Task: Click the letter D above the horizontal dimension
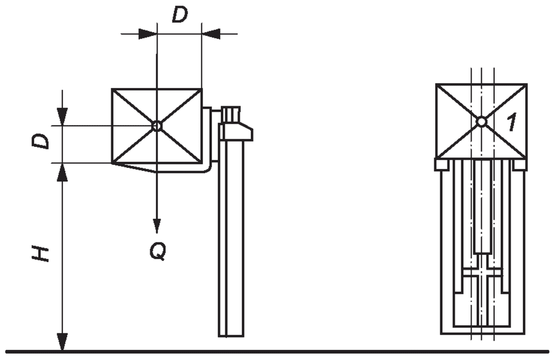[x=180, y=15]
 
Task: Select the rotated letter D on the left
[x=40, y=142]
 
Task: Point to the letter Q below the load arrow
[x=157, y=251]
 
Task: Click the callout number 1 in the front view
[x=511, y=122]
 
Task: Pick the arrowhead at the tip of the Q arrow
[x=157, y=226]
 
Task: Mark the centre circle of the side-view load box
[x=157, y=126]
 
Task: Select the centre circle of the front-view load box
[x=481, y=122]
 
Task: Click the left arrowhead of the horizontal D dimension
[x=148, y=34]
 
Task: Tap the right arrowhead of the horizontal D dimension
[x=211, y=34]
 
